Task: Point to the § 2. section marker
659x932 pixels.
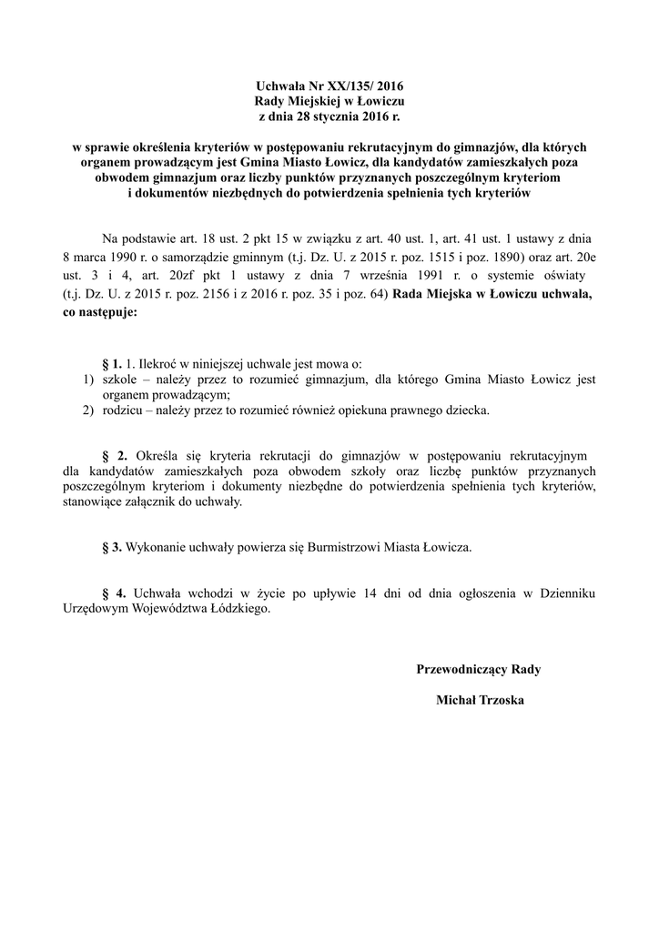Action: click(x=116, y=454)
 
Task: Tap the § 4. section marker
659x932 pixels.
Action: click(x=116, y=594)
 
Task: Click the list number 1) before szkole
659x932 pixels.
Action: click(x=88, y=380)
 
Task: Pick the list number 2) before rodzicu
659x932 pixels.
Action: click(x=88, y=410)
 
